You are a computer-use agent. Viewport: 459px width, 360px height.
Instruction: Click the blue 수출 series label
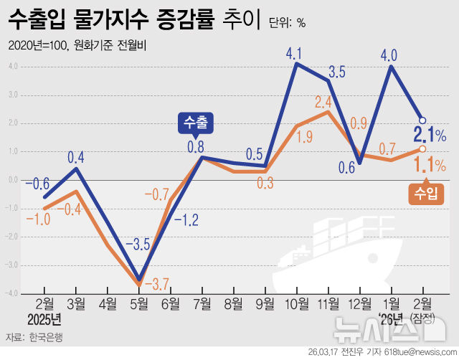(x=195, y=123)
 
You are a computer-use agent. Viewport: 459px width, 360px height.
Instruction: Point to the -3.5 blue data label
(x=137, y=244)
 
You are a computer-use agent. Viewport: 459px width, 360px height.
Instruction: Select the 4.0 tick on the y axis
(x=12, y=67)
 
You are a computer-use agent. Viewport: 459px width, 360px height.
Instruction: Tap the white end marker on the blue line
(x=423, y=120)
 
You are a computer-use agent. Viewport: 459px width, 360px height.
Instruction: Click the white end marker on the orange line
(x=423, y=148)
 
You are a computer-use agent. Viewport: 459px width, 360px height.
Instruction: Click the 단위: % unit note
(x=287, y=22)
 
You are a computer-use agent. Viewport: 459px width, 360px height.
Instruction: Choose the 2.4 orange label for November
(x=323, y=102)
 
